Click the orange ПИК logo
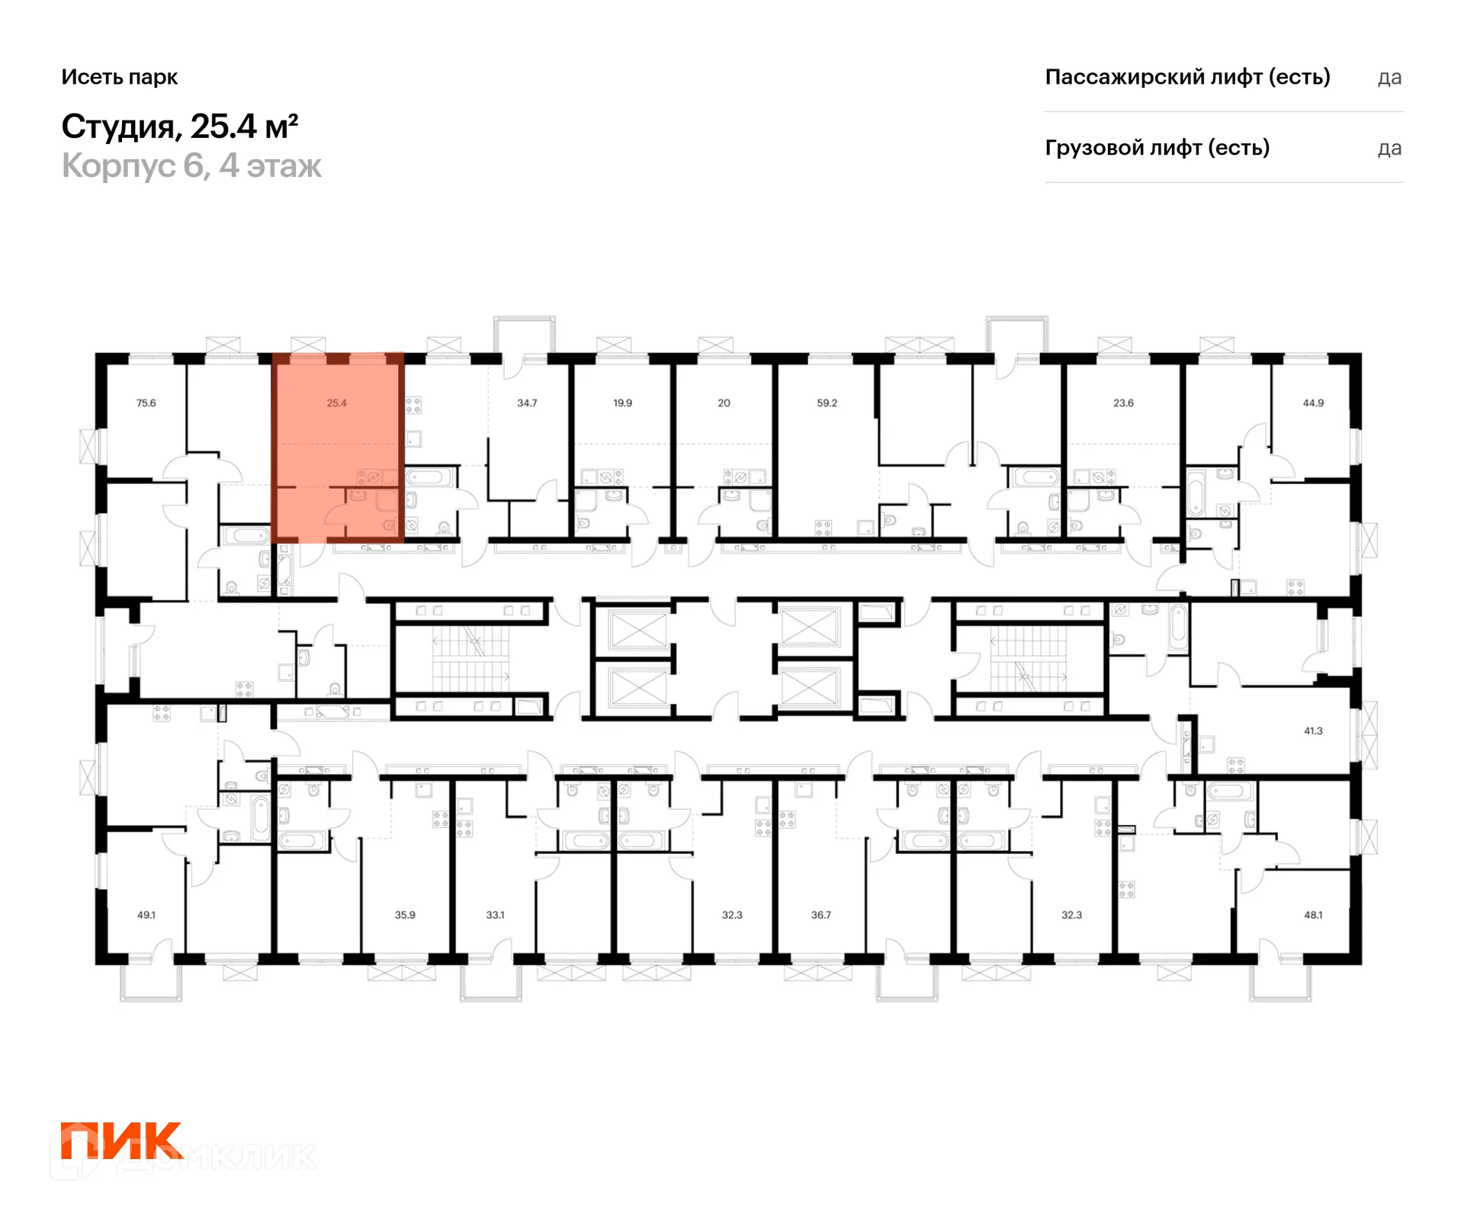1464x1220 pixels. click(x=121, y=1141)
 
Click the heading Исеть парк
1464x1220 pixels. click(x=120, y=77)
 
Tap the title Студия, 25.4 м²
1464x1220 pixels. click(x=180, y=127)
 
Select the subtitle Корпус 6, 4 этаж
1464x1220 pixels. click(x=191, y=165)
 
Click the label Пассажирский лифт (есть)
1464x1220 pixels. click(x=1187, y=77)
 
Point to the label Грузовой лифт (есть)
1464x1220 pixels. click(x=1157, y=147)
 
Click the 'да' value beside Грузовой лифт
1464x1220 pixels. click(x=1390, y=149)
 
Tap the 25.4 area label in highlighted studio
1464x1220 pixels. click(x=337, y=403)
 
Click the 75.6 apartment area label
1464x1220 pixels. click(x=146, y=403)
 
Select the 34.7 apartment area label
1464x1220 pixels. click(x=527, y=403)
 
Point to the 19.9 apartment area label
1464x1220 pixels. click(x=622, y=403)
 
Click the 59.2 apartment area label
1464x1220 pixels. click(x=827, y=403)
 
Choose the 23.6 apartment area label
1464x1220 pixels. click(x=1123, y=403)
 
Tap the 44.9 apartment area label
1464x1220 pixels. click(x=1313, y=403)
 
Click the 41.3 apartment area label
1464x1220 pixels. click(x=1313, y=730)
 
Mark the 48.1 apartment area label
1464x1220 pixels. click(x=1313, y=914)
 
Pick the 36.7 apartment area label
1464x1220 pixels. click(x=821, y=914)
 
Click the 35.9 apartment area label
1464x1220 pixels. click(x=405, y=914)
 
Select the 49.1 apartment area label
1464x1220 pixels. click(x=146, y=914)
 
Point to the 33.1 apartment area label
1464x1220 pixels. click(x=496, y=914)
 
